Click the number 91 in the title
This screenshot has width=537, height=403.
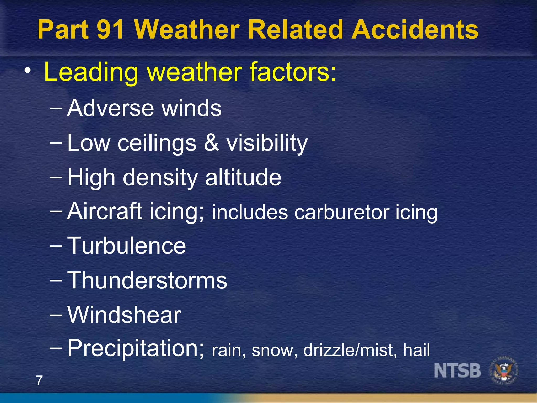pyautogui.click(x=110, y=29)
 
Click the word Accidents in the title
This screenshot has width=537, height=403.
pyautogui.click(x=415, y=29)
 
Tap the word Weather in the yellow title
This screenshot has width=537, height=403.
pyautogui.click(x=187, y=29)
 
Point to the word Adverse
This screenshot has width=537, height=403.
pyautogui.click(x=110, y=108)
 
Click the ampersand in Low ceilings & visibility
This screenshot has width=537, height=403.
pyautogui.click(x=211, y=143)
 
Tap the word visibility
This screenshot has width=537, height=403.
pyautogui.click(x=267, y=143)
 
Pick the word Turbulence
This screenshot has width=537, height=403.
pyautogui.click(x=127, y=246)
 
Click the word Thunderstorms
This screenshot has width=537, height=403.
pyautogui.click(x=147, y=280)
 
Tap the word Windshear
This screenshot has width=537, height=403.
pyautogui.click(x=124, y=315)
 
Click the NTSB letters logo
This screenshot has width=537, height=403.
pyautogui.click(x=457, y=371)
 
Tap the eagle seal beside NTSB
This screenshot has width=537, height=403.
pyautogui.click(x=504, y=371)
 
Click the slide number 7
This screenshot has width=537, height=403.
pyautogui.click(x=39, y=380)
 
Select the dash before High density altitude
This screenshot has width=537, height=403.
pyautogui.click(x=56, y=178)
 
